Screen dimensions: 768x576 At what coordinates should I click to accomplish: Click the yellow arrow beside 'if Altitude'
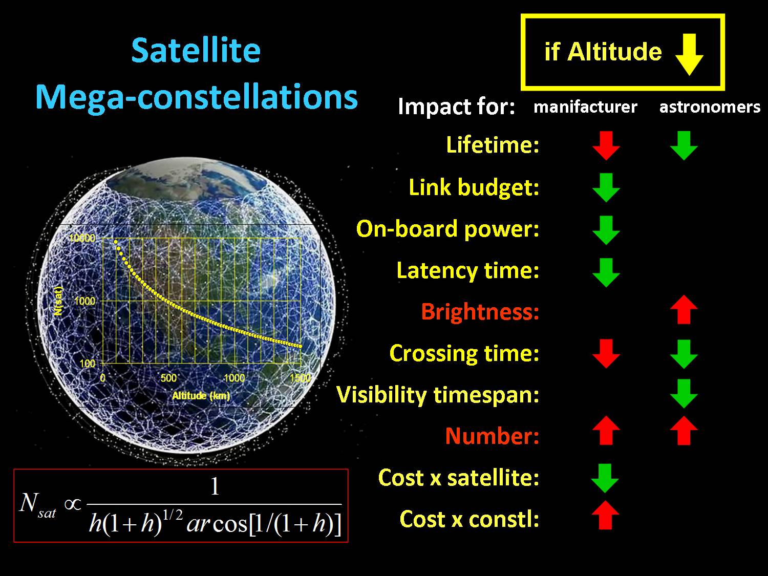[689, 55]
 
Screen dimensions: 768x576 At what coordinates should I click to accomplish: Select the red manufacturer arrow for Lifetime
[606, 145]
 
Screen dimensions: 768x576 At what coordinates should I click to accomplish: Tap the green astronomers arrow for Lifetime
[684, 145]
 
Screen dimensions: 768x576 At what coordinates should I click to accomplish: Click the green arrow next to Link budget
[606, 187]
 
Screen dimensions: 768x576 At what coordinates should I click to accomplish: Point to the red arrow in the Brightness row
[684, 310]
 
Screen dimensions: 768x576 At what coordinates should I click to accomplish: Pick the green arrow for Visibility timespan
[684, 394]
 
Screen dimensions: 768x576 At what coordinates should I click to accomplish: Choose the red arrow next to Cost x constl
[605, 515]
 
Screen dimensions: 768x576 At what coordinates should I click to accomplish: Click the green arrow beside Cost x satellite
[605, 478]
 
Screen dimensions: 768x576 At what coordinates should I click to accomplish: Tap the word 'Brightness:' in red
[480, 312]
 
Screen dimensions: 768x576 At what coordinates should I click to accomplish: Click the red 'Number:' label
[492, 436]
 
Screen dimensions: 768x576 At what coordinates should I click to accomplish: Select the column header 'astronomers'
[710, 107]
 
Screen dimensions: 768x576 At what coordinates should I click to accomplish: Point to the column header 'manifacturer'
[585, 107]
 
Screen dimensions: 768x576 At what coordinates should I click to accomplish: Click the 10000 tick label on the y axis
[82, 238]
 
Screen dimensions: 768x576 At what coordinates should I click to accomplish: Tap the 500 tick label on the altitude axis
[168, 378]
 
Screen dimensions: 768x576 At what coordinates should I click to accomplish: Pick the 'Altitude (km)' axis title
[201, 396]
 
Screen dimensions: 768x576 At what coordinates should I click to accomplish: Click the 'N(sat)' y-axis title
[58, 301]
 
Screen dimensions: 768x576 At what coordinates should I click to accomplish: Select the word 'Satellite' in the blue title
[196, 51]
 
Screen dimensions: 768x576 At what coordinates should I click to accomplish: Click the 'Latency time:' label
[468, 271]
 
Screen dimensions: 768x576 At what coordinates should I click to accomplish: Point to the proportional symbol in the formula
[73, 504]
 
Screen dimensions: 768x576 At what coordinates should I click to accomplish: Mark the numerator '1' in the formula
[215, 486]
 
